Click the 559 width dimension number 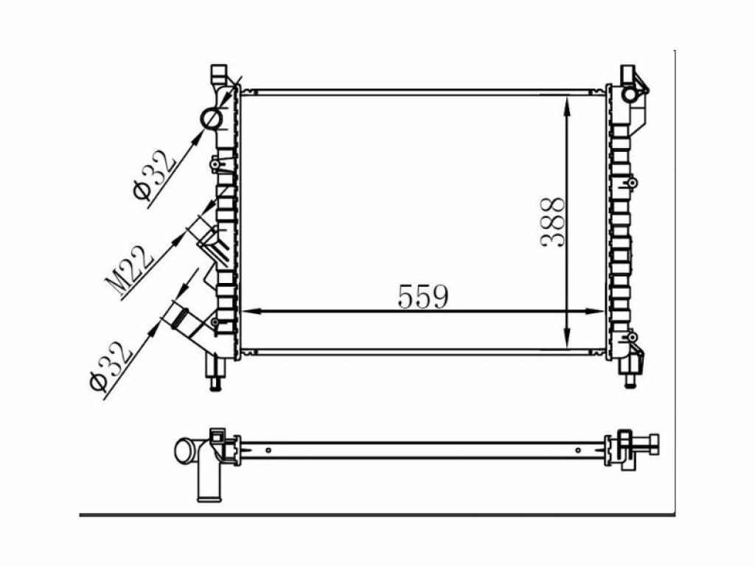click(422, 296)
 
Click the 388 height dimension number click(552, 222)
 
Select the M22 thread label click(128, 271)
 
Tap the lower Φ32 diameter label click(111, 366)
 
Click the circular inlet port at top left click(212, 119)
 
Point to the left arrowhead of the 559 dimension click(251, 312)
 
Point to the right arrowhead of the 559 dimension click(594, 312)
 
